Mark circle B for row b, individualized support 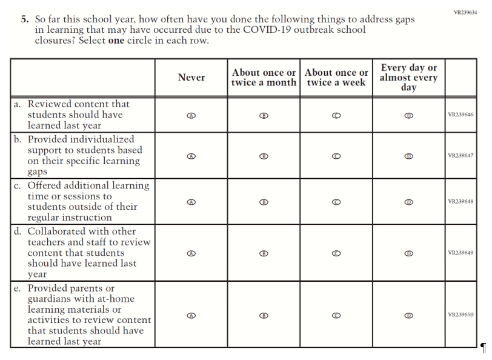tap(264, 156)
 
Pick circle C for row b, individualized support tap(336, 156)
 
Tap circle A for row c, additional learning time tap(191, 202)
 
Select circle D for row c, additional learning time tap(409, 202)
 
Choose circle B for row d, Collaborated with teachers tap(264, 253)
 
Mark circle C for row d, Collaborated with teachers tap(336, 253)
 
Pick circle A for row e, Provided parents tap(191, 315)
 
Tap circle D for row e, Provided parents tap(409, 315)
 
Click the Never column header tap(191, 78)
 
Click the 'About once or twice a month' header tap(264, 78)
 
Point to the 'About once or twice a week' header tap(336, 78)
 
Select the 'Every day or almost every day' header tap(409, 78)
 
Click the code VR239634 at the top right tap(465, 13)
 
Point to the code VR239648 tap(460, 202)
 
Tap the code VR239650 tap(460, 315)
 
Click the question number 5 tap(24, 19)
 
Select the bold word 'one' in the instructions tap(116, 41)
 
